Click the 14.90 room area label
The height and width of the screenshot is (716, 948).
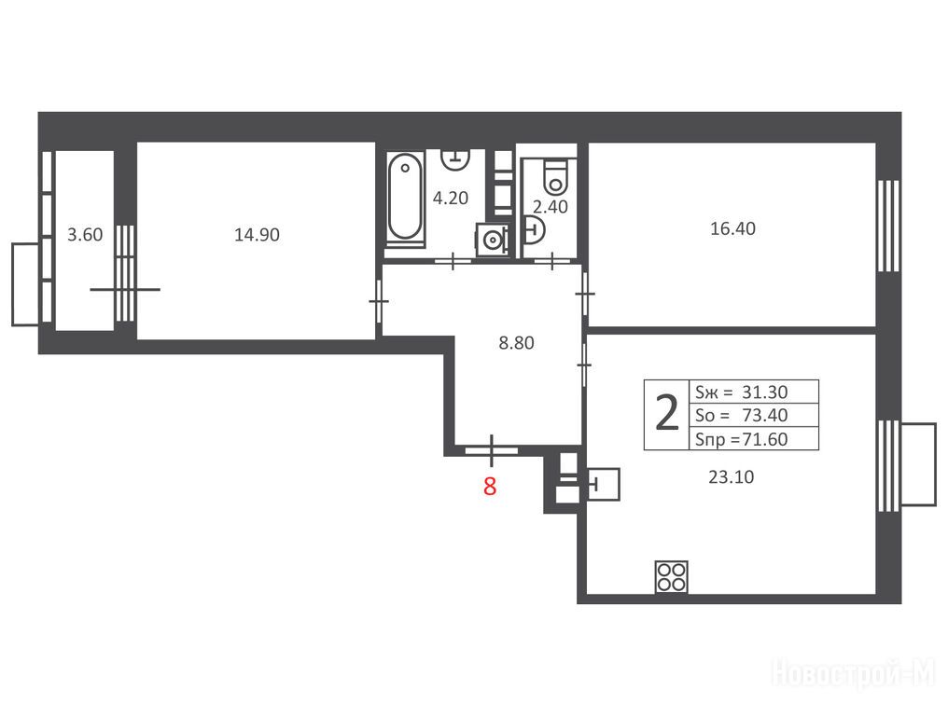[x=257, y=234]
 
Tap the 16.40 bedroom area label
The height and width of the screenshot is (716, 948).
[x=732, y=228]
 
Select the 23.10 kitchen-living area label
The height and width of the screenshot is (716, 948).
[x=731, y=476]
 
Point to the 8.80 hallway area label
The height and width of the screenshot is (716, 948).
[x=516, y=342]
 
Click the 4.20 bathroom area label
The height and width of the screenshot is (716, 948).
[x=451, y=198]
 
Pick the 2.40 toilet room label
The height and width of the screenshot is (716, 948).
[x=551, y=207]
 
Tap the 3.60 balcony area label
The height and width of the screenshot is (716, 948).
[x=85, y=234]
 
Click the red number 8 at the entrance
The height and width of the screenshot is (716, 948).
[x=490, y=486]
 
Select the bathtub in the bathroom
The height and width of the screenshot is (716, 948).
[x=404, y=198]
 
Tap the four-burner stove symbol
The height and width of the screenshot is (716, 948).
[x=671, y=576]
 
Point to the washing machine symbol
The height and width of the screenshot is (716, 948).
[x=493, y=240]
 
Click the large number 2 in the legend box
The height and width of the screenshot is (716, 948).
[x=667, y=414]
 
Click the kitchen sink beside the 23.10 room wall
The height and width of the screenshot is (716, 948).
[x=604, y=484]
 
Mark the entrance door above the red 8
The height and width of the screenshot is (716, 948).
[x=492, y=450]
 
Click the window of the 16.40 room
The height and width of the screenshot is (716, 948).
[x=889, y=226]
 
